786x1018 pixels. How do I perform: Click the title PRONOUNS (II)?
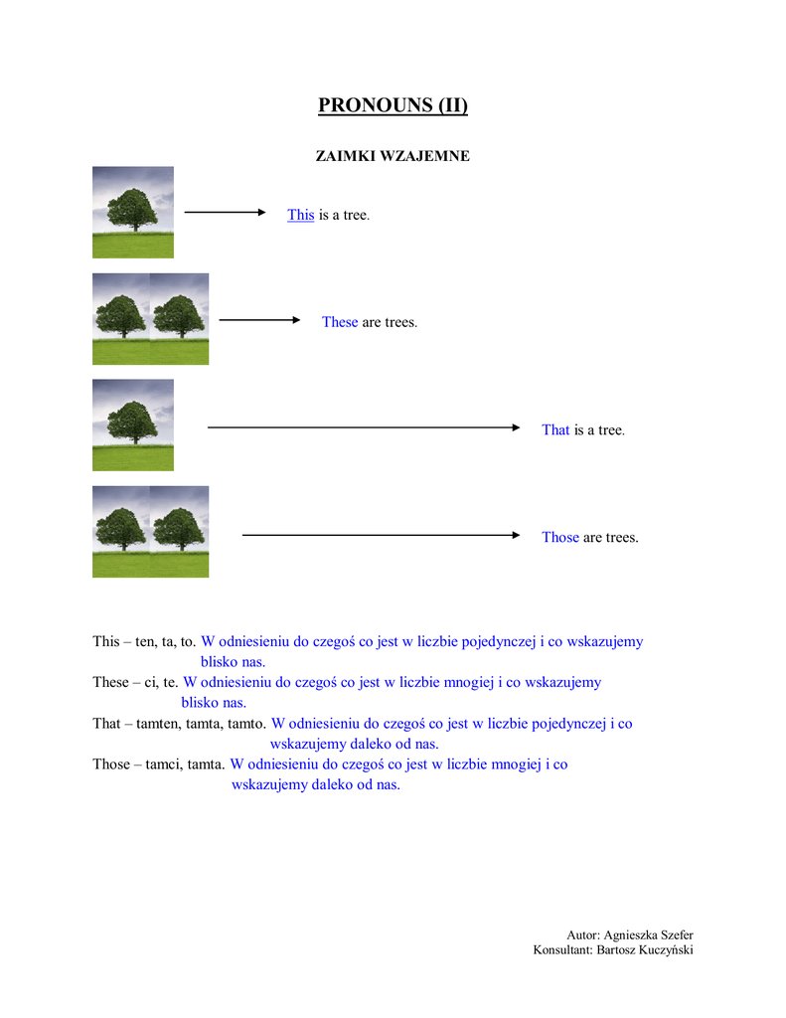(x=393, y=105)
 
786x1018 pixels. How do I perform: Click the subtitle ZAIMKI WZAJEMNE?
(x=393, y=156)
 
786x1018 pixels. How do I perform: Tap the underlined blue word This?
(x=300, y=215)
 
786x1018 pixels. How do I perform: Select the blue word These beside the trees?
(x=339, y=322)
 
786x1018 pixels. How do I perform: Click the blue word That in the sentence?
(x=555, y=429)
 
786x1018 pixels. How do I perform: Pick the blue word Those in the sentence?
(x=559, y=537)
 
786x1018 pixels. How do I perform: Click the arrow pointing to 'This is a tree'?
(x=226, y=212)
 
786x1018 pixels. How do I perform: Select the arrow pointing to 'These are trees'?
(x=259, y=320)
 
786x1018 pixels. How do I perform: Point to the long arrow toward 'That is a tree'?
(x=364, y=427)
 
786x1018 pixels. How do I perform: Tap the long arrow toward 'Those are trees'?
(x=382, y=535)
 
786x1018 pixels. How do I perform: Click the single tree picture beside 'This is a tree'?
(x=133, y=212)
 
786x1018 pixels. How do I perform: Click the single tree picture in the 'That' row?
(x=133, y=424)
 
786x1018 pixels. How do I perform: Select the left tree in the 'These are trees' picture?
(x=121, y=318)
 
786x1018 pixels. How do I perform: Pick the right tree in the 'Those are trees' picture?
(x=179, y=531)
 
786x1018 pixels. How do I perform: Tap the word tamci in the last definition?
(x=159, y=764)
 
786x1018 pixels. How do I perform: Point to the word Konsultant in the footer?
(x=561, y=950)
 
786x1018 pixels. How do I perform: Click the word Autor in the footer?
(x=582, y=934)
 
